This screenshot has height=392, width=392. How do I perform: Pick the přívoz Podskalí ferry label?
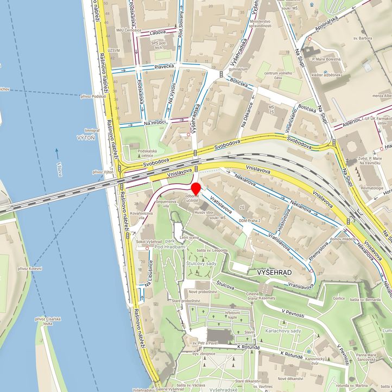(93, 96)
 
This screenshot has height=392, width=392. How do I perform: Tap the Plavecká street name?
(163, 66)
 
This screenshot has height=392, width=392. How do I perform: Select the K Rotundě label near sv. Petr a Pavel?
(249, 346)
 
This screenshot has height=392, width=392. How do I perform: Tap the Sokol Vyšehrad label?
(149, 241)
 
